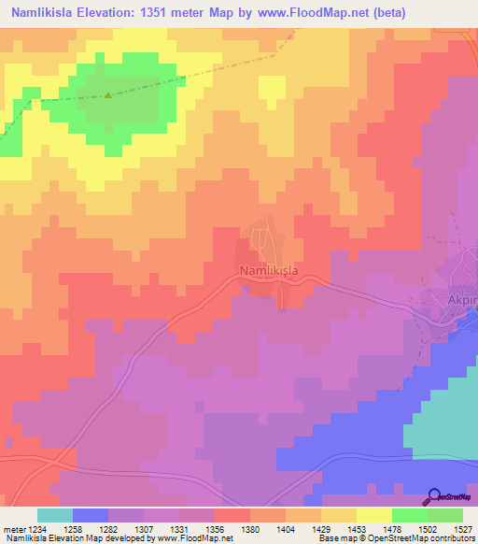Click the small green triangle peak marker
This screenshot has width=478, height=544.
pyautogui.click(x=108, y=94)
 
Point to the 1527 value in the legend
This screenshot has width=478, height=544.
pyautogui.click(x=462, y=528)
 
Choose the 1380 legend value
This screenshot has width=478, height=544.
pyautogui.click(x=249, y=528)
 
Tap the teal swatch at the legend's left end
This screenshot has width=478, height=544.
pyautogui.click(x=54, y=515)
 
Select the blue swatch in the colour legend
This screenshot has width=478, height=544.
pyautogui.click(x=90, y=515)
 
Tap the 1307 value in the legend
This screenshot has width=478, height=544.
pyautogui.click(x=143, y=528)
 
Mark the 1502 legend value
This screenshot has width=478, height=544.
pyautogui.click(x=427, y=528)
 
